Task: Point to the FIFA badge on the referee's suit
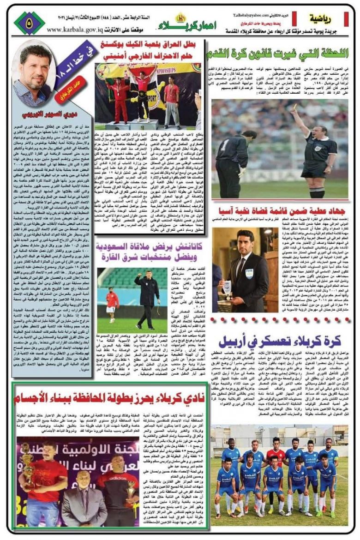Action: [x=250, y=273]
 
